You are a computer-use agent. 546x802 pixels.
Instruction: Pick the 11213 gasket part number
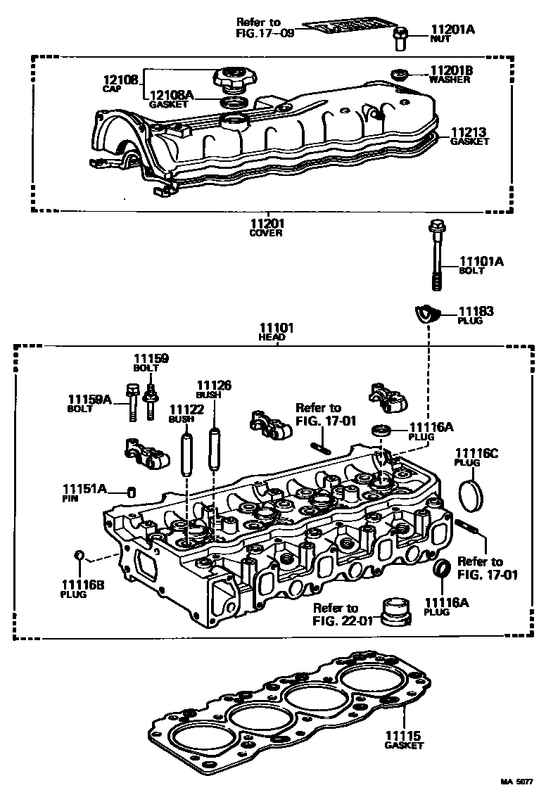pyautogui.click(x=469, y=132)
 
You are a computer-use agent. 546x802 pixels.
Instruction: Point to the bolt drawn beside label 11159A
pyautogui.click(x=132, y=404)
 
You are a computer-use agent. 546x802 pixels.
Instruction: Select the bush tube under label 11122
pyautogui.click(x=187, y=454)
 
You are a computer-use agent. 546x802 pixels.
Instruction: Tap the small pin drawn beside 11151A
pyautogui.click(x=130, y=491)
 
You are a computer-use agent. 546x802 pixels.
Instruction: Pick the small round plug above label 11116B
pyautogui.click(x=80, y=557)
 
